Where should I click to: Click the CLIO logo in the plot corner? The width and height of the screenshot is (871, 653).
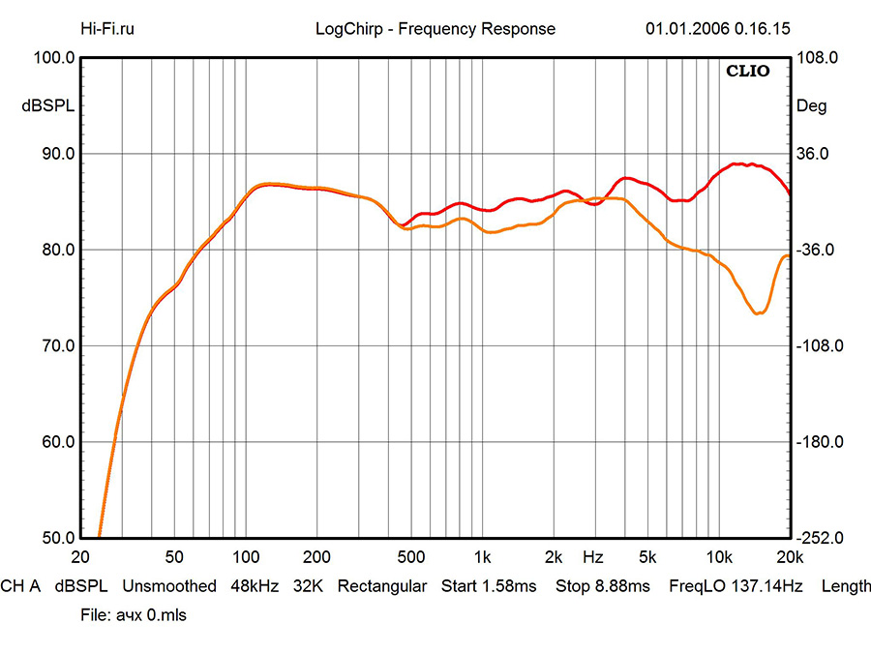(750, 71)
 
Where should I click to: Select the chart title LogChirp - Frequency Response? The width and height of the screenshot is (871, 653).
(435, 28)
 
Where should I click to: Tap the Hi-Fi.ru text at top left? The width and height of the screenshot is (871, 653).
(107, 28)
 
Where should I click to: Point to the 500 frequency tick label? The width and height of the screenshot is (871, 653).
(412, 558)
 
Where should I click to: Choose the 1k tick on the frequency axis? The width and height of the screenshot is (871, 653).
(483, 558)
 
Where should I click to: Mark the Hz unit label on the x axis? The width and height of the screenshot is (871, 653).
(593, 558)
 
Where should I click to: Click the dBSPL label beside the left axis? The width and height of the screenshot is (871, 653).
(48, 106)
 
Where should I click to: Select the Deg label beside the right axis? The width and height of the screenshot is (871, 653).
(811, 106)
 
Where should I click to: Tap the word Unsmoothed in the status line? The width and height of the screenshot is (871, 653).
(169, 586)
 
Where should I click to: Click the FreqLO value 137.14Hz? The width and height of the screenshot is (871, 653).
(768, 586)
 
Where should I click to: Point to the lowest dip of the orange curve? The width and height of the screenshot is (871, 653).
(759, 313)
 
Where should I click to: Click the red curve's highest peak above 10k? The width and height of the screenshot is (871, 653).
(739, 163)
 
